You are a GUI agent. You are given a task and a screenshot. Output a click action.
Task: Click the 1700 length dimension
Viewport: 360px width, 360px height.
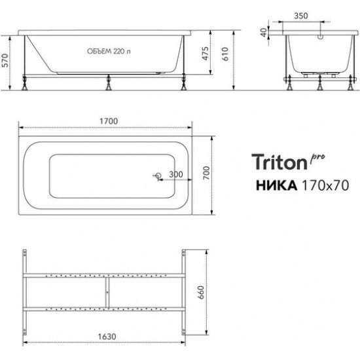point(108,120)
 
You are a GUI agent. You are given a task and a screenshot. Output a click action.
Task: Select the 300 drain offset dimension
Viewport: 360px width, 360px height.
point(175,175)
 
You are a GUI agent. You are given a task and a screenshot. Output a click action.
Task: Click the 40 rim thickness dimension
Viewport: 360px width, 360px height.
point(264,32)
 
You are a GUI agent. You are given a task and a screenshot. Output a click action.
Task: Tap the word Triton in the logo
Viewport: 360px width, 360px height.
point(279,160)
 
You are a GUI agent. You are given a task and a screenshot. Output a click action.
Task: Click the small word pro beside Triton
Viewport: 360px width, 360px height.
point(317,154)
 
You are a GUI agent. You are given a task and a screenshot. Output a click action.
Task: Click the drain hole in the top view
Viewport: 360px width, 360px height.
point(156,177)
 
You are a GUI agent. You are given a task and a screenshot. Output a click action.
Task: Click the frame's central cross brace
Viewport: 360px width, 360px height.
point(106,291)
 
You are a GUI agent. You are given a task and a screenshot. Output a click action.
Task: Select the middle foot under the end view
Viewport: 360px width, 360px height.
point(319,83)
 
